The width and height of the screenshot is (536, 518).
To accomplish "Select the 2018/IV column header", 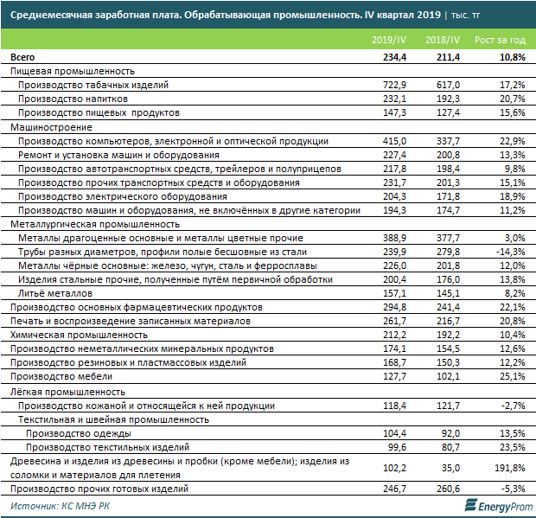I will tap(443, 41).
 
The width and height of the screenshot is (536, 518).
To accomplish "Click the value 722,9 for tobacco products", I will tap(394, 86).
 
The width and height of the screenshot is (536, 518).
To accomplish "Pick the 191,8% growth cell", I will tap(504, 468).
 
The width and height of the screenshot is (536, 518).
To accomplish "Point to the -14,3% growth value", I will tap(507, 252).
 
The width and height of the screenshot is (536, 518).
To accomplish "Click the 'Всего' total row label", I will tap(22, 57).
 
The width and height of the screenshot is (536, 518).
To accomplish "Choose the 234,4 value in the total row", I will tap(393, 57).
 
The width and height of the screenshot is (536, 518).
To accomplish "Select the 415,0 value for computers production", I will tap(394, 141).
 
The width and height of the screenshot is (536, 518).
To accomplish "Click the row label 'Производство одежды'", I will tap(79, 433).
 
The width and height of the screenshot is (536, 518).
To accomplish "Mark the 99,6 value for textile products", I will tap(397, 447).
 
